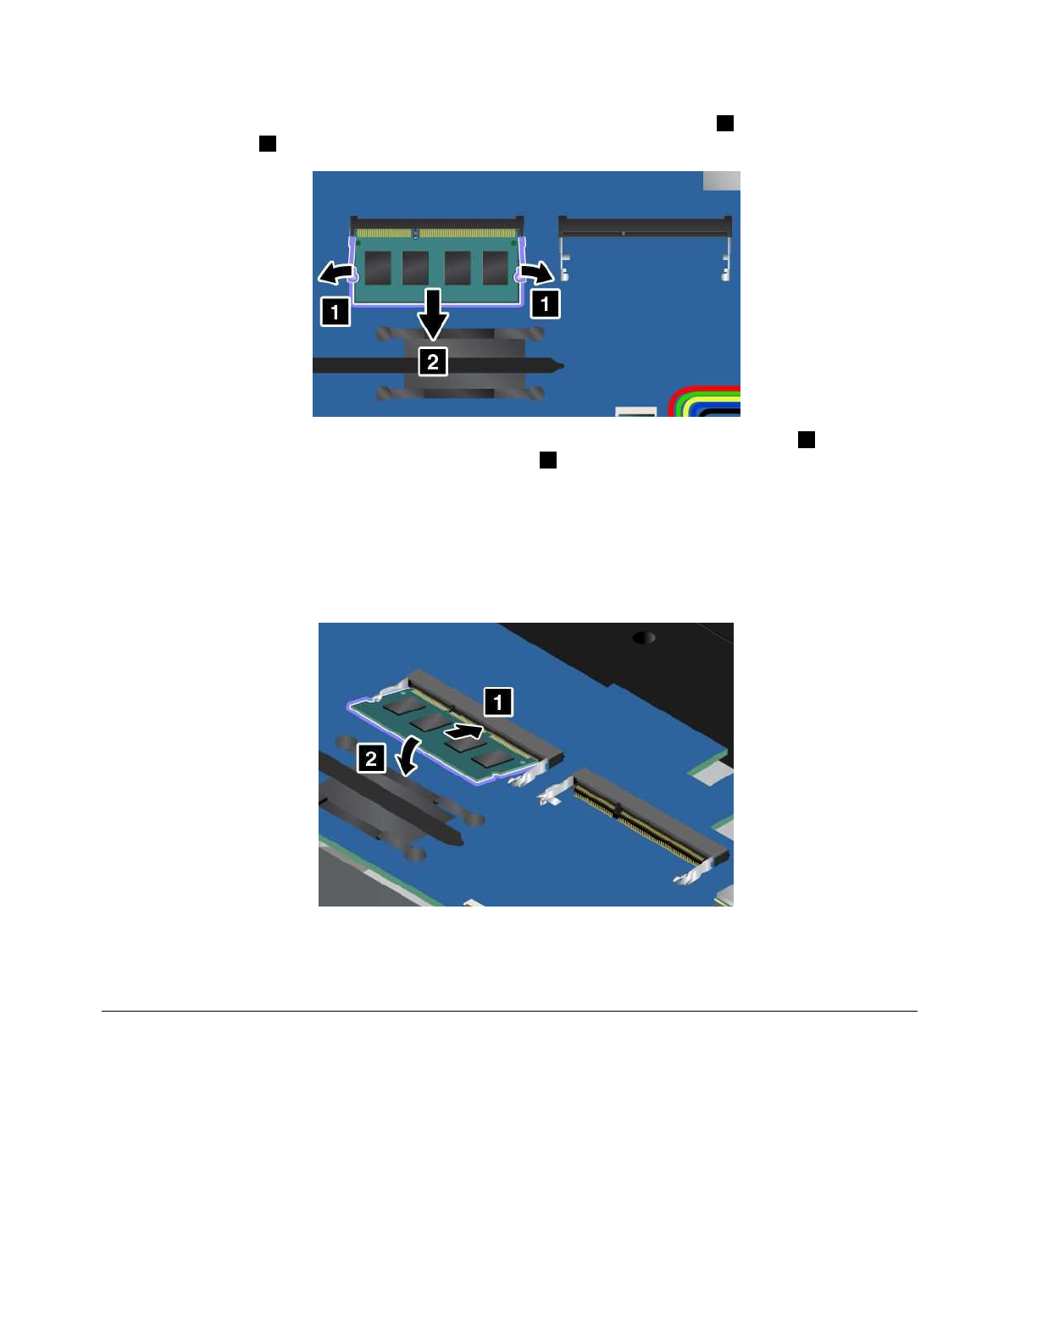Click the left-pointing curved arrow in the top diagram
pyautogui.click(x=335, y=273)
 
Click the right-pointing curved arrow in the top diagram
pyautogui.click(x=537, y=272)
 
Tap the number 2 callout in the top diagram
pyautogui.click(x=433, y=362)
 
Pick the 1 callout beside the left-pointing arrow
pyautogui.click(x=335, y=312)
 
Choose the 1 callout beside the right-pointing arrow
pyautogui.click(x=545, y=303)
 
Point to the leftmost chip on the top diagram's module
pyautogui.click(x=378, y=268)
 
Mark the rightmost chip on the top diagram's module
pyautogui.click(x=495, y=268)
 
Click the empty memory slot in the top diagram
pyautogui.click(x=645, y=227)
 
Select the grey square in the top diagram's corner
pyautogui.click(x=721, y=180)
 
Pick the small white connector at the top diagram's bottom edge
pyautogui.click(x=636, y=412)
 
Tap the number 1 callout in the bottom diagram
pyautogui.click(x=498, y=701)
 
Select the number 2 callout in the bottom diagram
pyautogui.click(x=371, y=758)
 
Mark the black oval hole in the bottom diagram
pyautogui.click(x=644, y=637)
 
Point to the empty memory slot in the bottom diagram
pyautogui.click(x=648, y=818)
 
